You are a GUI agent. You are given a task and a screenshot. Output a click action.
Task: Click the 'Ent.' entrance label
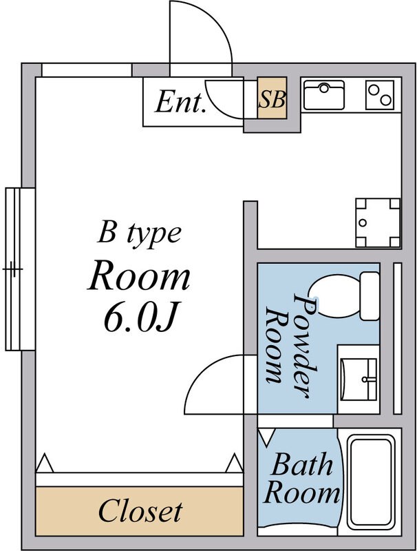point(181,103)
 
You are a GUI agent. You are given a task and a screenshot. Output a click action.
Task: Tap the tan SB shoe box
point(272,100)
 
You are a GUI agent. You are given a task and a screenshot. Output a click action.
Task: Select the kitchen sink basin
point(324,94)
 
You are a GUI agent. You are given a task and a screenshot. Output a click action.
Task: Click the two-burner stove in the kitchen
point(381,94)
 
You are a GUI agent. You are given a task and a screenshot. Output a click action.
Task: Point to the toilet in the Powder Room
point(345,296)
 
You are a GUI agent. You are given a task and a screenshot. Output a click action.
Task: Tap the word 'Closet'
point(140,511)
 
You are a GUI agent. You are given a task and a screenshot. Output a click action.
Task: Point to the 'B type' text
point(139,233)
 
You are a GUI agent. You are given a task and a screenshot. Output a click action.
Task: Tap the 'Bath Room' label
point(302,479)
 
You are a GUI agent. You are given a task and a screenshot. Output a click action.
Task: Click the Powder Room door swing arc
point(217,382)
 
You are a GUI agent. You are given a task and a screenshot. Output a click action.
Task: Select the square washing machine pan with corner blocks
point(377,222)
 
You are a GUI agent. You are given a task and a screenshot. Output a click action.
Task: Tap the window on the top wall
point(87,70)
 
